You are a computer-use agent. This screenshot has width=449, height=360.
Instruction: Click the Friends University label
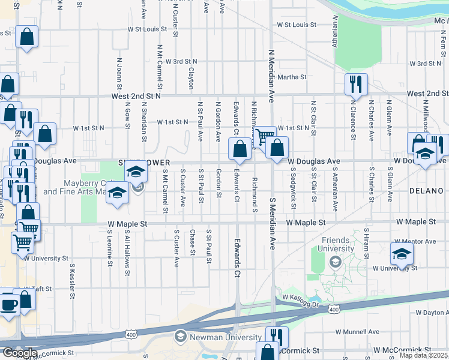point(336,244)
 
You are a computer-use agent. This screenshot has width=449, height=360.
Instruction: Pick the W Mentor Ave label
point(430,241)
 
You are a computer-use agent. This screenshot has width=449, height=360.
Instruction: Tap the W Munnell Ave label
point(357,331)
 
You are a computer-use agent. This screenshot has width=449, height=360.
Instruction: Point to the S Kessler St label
point(72,280)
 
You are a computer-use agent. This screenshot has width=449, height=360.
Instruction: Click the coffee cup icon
point(8,304)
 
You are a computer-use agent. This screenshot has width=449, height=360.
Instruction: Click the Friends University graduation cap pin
point(335,262)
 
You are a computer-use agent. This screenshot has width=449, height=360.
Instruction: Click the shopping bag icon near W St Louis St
point(27,37)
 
